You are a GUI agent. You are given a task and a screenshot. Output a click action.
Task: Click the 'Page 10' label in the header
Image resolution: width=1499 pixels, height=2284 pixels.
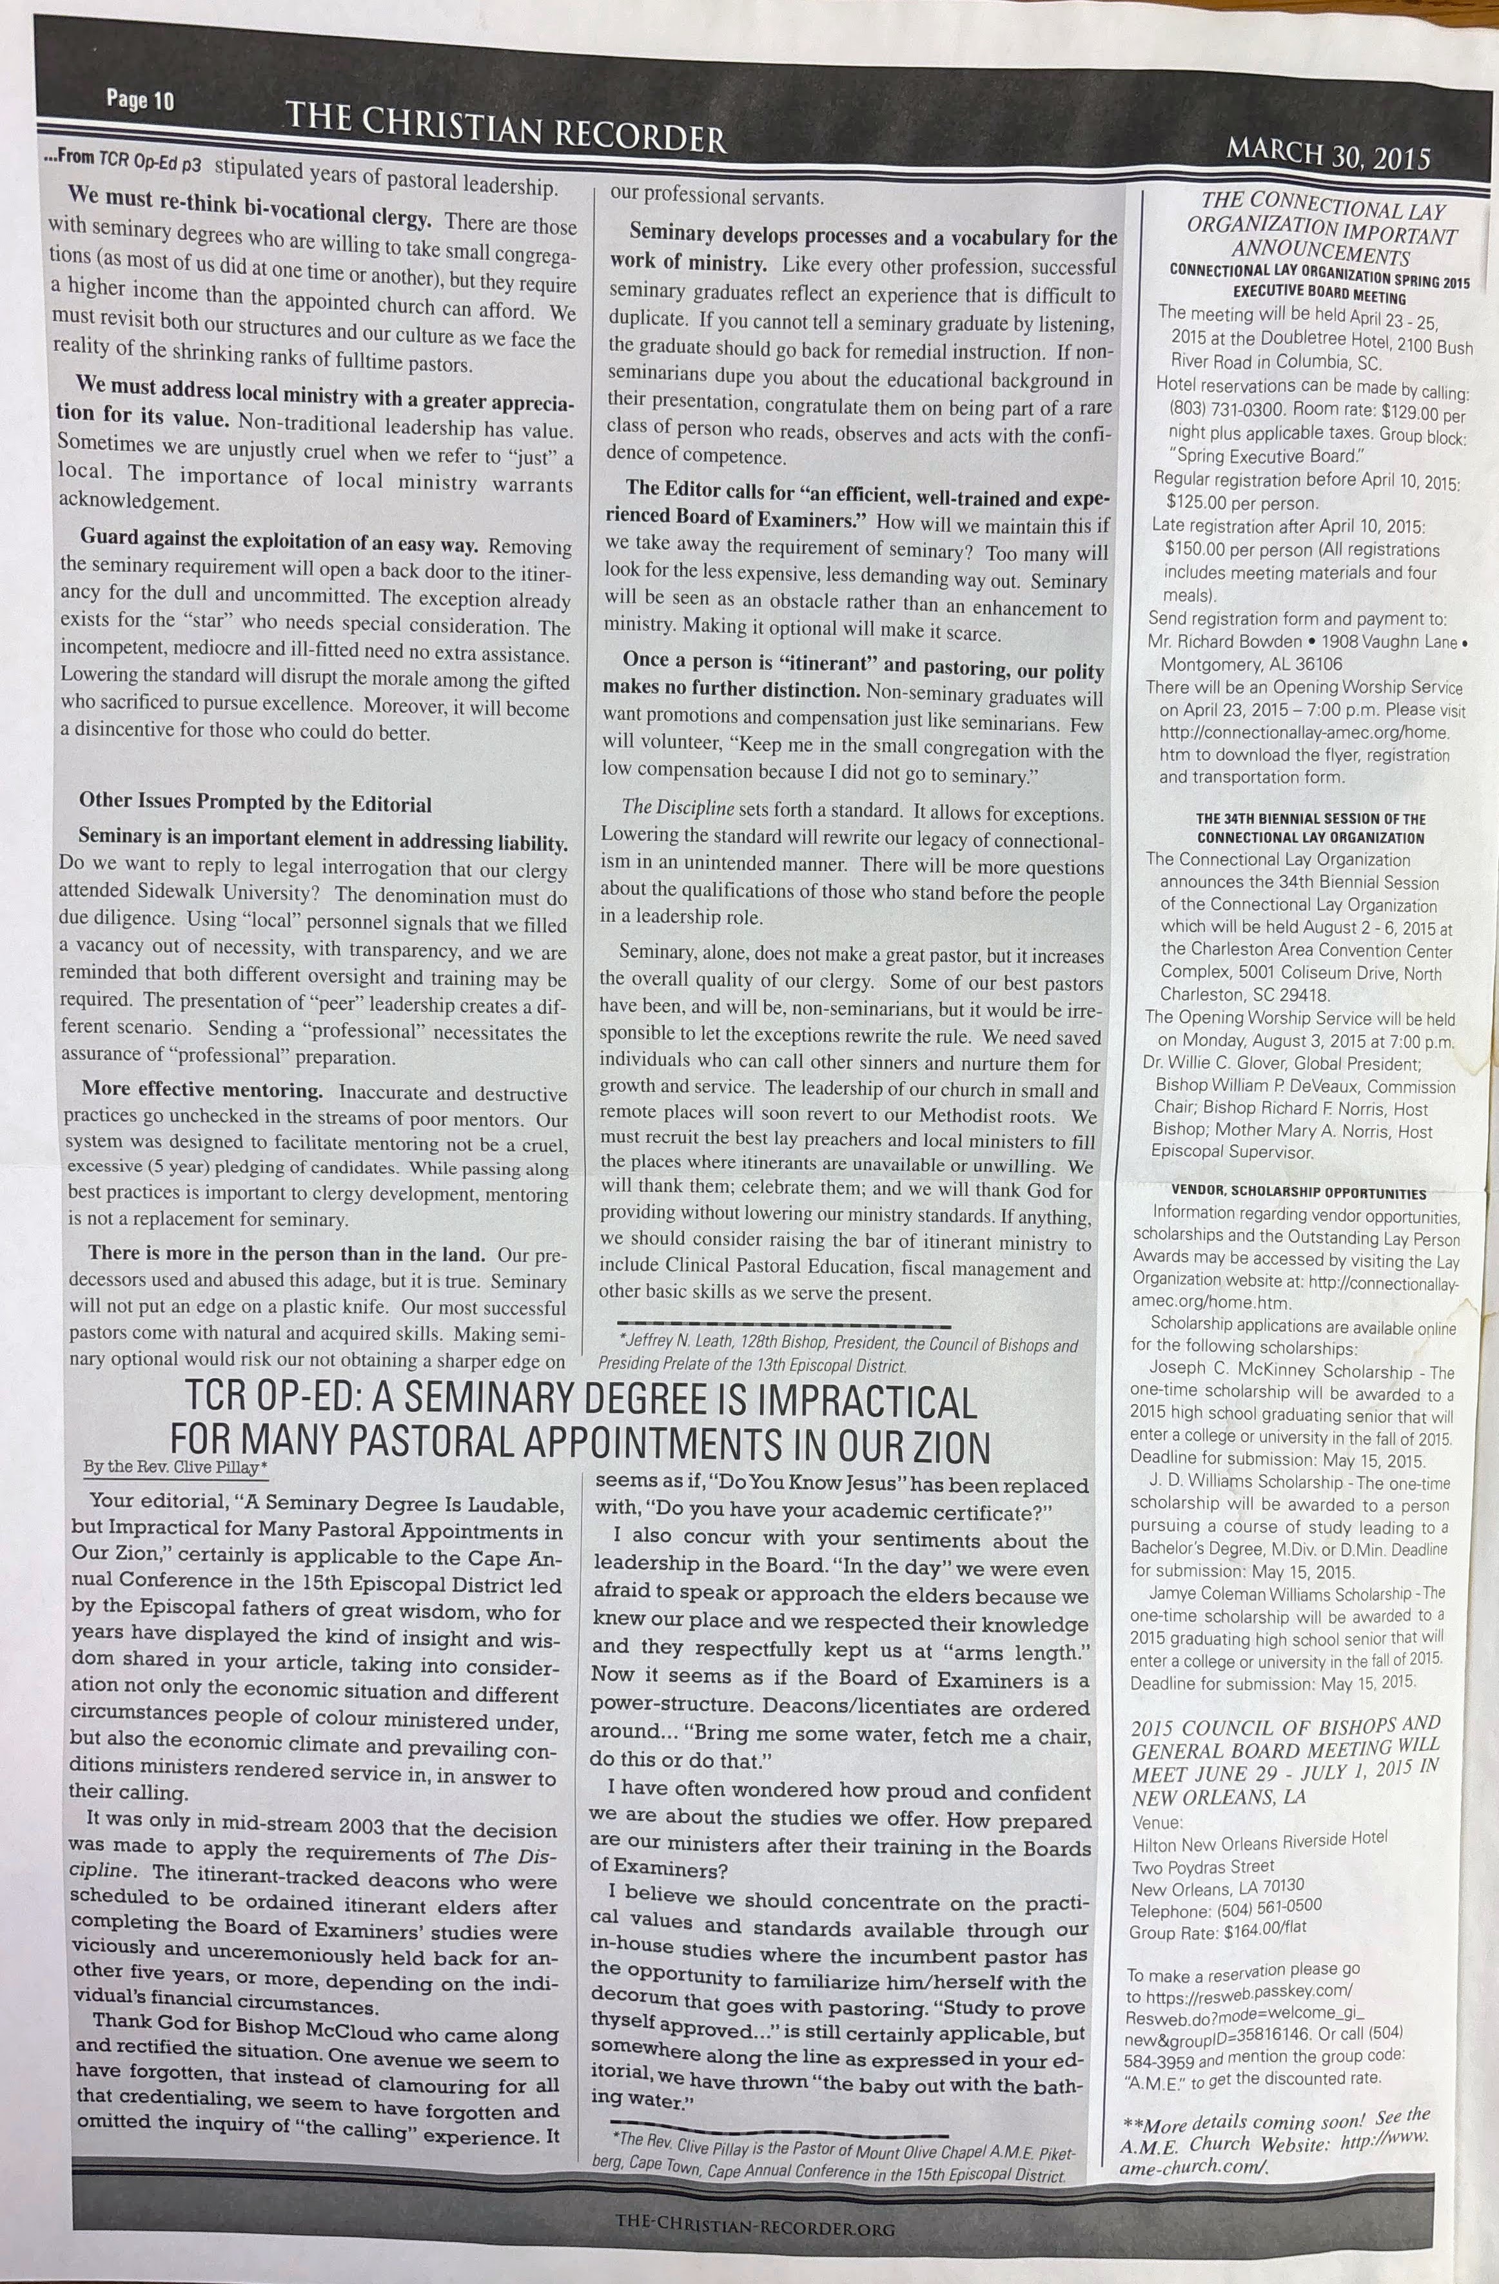tap(140, 100)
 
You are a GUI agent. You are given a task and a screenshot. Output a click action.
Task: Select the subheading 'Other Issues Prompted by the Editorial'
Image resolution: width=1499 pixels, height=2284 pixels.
tap(255, 803)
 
